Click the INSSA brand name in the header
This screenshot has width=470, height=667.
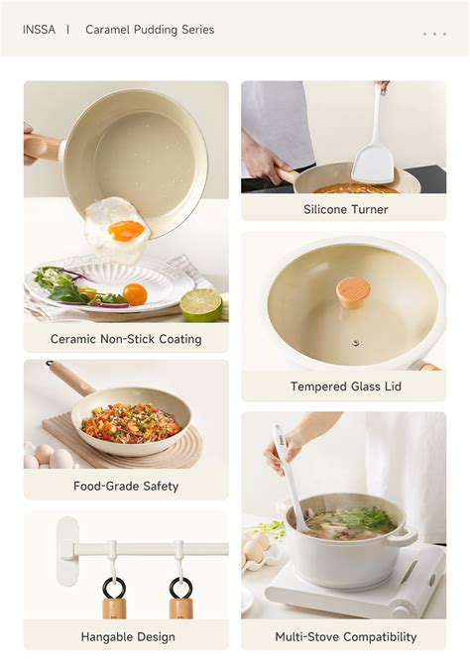tap(41, 30)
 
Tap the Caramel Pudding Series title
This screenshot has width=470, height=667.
tap(149, 30)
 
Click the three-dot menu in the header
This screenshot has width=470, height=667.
tap(434, 34)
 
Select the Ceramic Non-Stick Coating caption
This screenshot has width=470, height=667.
tap(126, 339)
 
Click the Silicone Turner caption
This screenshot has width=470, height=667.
tap(345, 209)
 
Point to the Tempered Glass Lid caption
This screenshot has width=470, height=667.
tap(345, 387)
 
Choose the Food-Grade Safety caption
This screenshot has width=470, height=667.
tap(126, 486)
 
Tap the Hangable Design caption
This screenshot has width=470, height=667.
tap(128, 636)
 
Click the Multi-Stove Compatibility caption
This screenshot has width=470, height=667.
tap(345, 636)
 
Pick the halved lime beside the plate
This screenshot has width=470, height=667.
tap(201, 303)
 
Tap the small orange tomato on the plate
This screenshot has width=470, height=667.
tap(135, 294)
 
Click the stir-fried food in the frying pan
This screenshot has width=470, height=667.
tap(130, 420)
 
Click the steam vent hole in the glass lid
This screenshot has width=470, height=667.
tap(355, 343)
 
